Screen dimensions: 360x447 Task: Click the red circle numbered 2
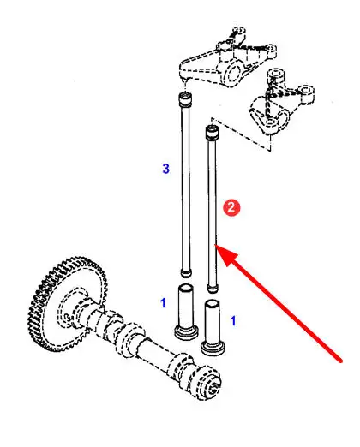tap(231, 207)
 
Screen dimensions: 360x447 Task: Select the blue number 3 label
tap(165, 169)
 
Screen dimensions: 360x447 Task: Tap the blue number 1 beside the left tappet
tap(163, 303)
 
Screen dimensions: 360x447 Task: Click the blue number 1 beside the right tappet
tap(233, 320)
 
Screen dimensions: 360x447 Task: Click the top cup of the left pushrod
tap(185, 98)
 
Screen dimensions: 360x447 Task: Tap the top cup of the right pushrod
tap(212, 132)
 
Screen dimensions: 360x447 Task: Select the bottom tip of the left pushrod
tap(186, 275)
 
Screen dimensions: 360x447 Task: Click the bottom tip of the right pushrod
tap(213, 290)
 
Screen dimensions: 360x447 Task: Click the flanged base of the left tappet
tap(186, 333)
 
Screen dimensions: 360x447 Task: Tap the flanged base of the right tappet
tap(213, 349)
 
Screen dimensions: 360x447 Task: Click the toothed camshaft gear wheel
tap(68, 304)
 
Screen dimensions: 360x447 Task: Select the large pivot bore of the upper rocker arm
tap(232, 73)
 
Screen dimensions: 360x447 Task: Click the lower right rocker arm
tap(281, 102)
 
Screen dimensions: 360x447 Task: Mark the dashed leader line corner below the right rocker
tap(270, 150)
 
